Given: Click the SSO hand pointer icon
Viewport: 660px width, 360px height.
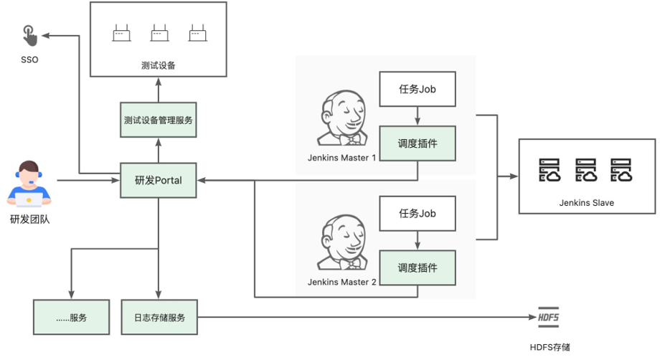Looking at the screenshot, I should [28, 34].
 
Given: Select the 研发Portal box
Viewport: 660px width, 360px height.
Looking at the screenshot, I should [159, 180].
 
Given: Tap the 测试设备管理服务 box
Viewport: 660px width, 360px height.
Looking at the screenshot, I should [159, 120].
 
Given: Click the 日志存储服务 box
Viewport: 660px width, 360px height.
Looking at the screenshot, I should [159, 317].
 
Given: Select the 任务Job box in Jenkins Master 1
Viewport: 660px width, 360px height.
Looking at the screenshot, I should [417, 90].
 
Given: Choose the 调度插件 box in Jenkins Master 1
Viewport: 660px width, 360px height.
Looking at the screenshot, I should [417, 143].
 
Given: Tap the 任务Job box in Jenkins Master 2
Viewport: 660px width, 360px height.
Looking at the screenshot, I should [417, 213].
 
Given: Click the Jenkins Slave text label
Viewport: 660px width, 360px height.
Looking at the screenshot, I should [586, 203].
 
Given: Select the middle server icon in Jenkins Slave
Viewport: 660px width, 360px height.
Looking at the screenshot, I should [587, 171].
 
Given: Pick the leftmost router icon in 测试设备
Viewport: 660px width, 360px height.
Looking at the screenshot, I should [121, 33].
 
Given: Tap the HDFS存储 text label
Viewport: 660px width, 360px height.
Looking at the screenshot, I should [550, 347].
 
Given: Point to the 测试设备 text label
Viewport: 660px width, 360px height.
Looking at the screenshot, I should [159, 66].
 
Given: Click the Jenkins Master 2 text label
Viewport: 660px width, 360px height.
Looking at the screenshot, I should [341, 282].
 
